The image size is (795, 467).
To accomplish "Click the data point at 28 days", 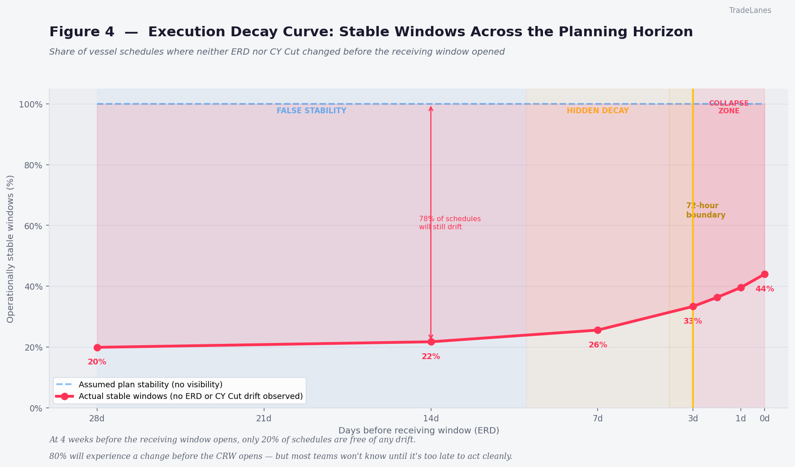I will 97,347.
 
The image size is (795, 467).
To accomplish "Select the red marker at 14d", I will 431,342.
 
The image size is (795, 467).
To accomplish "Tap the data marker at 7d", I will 598,330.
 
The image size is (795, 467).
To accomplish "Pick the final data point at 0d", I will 765,274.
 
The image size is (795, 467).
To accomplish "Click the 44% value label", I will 765,289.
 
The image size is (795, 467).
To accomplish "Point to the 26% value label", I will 598,345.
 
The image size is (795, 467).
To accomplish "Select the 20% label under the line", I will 97,362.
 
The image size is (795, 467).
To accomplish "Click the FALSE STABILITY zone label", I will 312,111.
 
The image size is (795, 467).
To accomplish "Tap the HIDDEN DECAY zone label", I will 598,111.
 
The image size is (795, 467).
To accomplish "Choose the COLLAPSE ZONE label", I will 729,107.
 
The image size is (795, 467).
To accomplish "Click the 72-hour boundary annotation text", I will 705,210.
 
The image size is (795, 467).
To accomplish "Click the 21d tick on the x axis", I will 264,419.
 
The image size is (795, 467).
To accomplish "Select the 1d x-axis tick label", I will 741,419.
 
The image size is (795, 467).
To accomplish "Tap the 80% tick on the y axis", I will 34,165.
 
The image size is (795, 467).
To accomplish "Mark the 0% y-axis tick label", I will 36,408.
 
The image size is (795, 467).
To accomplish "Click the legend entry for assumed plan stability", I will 150,385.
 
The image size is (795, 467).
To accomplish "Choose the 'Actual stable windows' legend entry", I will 191,396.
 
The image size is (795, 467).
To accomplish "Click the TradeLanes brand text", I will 750,10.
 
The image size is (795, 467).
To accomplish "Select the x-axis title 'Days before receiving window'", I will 419,430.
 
